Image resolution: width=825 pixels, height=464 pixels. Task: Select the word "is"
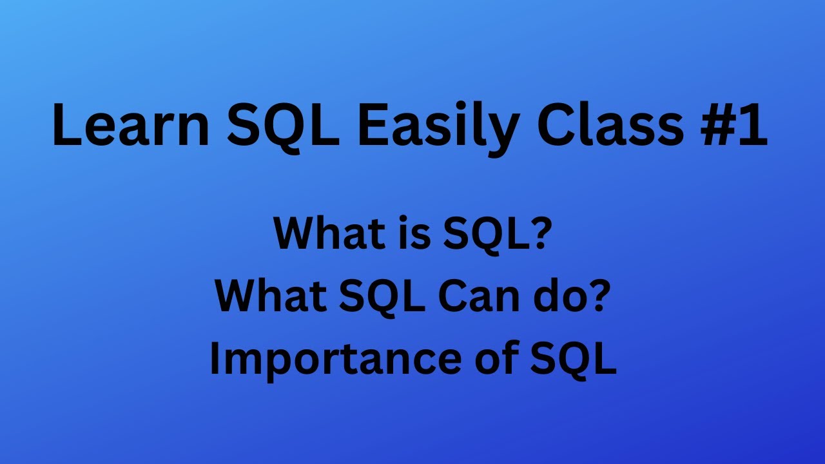408,234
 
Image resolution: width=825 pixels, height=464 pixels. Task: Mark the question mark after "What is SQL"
539,234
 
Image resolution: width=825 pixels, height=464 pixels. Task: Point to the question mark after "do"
597,296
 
